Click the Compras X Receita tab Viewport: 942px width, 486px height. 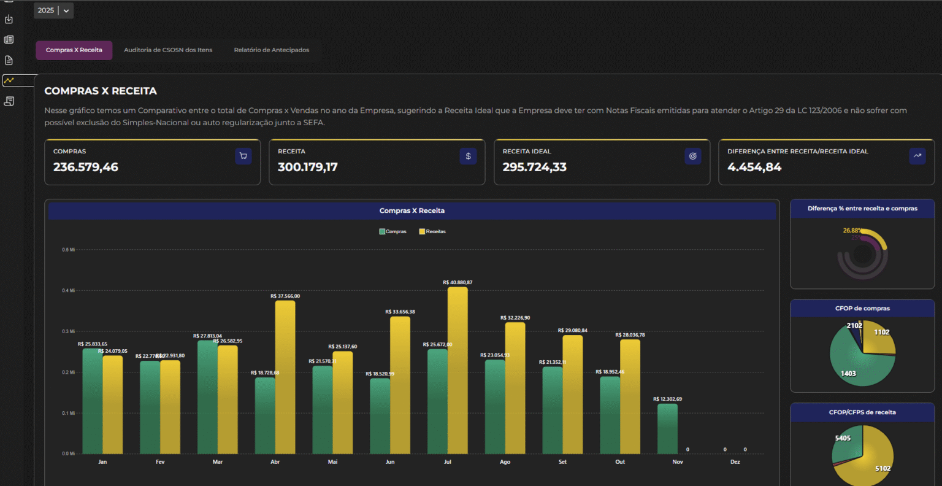point(74,50)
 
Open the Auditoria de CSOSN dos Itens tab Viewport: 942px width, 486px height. point(168,50)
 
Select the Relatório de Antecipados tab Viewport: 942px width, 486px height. point(271,50)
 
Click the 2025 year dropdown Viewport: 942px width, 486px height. point(53,10)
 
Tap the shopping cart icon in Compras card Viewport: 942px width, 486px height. point(243,156)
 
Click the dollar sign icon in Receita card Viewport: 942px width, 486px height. point(468,156)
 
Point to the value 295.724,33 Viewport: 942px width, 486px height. point(534,167)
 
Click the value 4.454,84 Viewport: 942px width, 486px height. point(754,167)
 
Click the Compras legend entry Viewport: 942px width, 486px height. point(392,231)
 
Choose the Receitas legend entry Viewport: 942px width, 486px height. point(432,231)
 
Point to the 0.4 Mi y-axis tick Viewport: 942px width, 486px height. point(68,290)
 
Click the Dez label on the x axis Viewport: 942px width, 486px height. point(735,462)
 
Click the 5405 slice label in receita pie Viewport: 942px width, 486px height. point(843,438)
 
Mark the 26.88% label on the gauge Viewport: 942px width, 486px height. point(852,231)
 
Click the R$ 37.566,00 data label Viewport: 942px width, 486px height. point(285,296)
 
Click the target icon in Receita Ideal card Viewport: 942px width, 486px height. point(692,156)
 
